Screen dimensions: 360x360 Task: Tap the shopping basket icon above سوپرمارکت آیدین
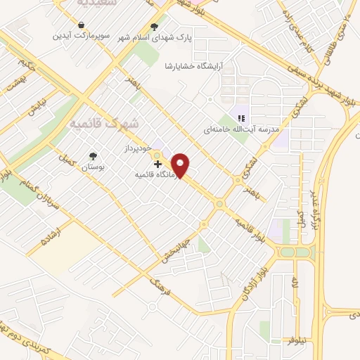pos(82,25)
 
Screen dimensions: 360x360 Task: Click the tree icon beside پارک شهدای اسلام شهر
pos(154,27)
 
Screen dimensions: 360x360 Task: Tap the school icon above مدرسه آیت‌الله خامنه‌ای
pos(240,118)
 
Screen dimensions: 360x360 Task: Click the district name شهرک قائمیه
pos(106,123)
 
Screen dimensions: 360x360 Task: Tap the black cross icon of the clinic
pos(157,164)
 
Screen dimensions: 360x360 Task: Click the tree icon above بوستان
pos(93,156)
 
